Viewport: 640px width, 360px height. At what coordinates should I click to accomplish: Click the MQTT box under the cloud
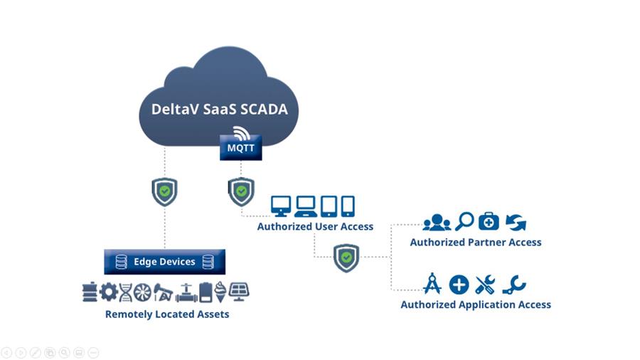240,149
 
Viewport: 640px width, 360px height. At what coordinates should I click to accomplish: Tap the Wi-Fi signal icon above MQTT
241,133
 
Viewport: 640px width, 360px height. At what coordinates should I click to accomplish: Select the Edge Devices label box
164,262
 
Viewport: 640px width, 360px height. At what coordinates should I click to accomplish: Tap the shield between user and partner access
346,257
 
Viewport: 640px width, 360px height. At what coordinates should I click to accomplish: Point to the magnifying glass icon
464,221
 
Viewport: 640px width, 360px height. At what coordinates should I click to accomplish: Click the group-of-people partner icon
436,223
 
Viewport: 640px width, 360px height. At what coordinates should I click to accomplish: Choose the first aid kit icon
489,221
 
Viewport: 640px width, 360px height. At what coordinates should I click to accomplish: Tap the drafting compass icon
432,284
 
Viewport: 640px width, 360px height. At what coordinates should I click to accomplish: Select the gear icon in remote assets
108,292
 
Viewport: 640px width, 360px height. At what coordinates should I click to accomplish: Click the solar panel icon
240,292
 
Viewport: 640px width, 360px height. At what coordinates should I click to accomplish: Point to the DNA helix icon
126,292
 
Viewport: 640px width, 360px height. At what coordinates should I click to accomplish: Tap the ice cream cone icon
221,292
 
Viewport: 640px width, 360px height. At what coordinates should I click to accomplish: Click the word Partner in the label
484,243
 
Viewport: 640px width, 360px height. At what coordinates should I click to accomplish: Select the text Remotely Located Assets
167,314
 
